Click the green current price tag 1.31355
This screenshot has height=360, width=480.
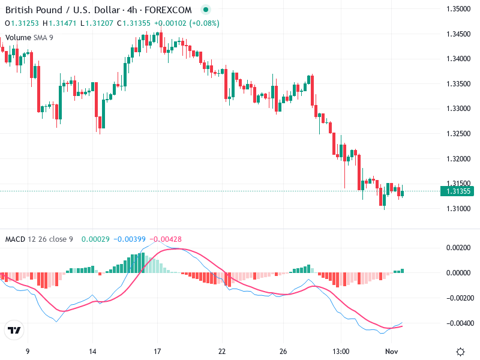(x=457, y=191)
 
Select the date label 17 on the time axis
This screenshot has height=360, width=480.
(x=157, y=352)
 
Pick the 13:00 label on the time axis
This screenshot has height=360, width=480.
(x=341, y=352)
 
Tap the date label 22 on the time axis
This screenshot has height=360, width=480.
(x=222, y=352)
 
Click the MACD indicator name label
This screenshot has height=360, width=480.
(x=15, y=239)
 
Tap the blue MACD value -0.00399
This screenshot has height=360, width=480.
(x=130, y=239)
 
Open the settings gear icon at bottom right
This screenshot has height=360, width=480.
(x=460, y=352)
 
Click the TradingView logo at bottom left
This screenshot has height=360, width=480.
(x=14, y=331)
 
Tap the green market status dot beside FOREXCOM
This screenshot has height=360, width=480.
(x=206, y=10)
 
